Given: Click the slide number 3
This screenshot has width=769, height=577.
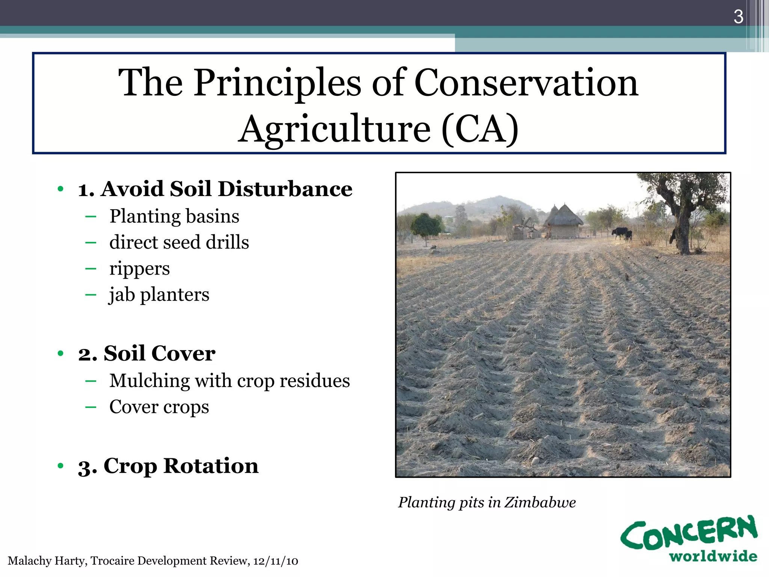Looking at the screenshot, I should pyautogui.click(x=738, y=17).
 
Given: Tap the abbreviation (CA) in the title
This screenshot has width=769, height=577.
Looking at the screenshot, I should pyautogui.click(x=480, y=129).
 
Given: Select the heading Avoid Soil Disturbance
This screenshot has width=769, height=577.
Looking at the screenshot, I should pyautogui.click(x=226, y=189).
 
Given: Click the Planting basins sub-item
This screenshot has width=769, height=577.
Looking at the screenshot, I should pyautogui.click(x=174, y=217).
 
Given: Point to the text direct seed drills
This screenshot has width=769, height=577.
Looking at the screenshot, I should pyautogui.click(x=179, y=242).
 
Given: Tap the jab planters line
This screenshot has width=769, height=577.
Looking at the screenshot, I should pyautogui.click(x=159, y=295).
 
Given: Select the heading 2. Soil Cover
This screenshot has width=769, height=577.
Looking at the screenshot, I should pyautogui.click(x=147, y=353).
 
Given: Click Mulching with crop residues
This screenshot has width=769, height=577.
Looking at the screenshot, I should pyautogui.click(x=229, y=381).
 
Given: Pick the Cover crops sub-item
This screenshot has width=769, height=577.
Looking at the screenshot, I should pyautogui.click(x=159, y=407).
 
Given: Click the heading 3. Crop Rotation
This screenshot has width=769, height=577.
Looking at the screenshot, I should pyautogui.click(x=168, y=466).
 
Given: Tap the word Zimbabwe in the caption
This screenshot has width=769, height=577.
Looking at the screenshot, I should pyautogui.click(x=540, y=503).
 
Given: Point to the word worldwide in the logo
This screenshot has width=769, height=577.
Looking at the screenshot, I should pyautogui.click(x=713, y=557).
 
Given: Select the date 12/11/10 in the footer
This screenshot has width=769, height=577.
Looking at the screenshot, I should pyautogui.click(x=276, y=561).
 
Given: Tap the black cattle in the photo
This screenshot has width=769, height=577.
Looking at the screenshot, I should pyautogui.click(x=621, y=233).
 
